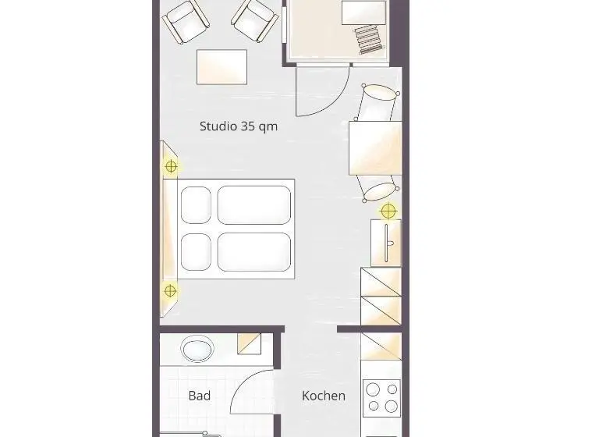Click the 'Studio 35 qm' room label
(x=239, y=126)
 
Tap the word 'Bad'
(x=200, y=396)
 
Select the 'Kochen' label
(x=324, y=396)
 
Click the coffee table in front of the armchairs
(x=222, y=67)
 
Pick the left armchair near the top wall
(x=186, y=22)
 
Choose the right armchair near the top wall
(x=255, y=21)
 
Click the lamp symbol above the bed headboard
(x=171, y=167)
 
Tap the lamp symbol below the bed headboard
(x=170, y=291)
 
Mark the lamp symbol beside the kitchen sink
(x=388, y=211)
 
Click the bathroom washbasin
(x=197, y=349)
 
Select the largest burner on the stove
(x=392, y=406)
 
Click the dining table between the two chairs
(x=375, y=148)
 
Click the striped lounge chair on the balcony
(x=369, y=39)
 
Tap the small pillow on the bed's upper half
(x=196, y=205)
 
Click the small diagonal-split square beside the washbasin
(x=249, y=343)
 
